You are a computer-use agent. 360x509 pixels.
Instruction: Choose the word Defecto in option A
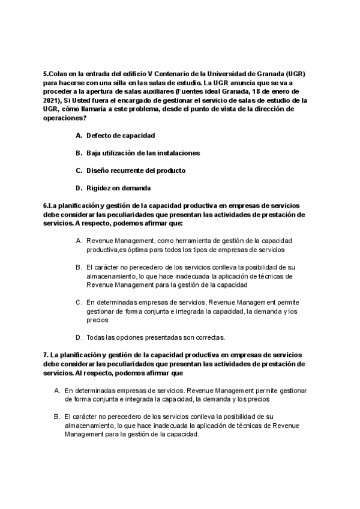tap(99, 136)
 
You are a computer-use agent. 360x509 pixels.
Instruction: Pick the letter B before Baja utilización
tap(79, 153)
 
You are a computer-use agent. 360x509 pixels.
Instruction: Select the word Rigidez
tap(100, 188)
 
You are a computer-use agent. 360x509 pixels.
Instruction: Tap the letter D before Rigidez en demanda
tap(79, 188)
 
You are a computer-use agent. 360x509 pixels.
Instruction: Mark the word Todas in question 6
tap(96, 337)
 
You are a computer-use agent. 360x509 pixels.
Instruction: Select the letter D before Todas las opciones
tap(79, 337)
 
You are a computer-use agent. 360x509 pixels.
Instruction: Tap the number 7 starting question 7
tap(45, 354)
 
